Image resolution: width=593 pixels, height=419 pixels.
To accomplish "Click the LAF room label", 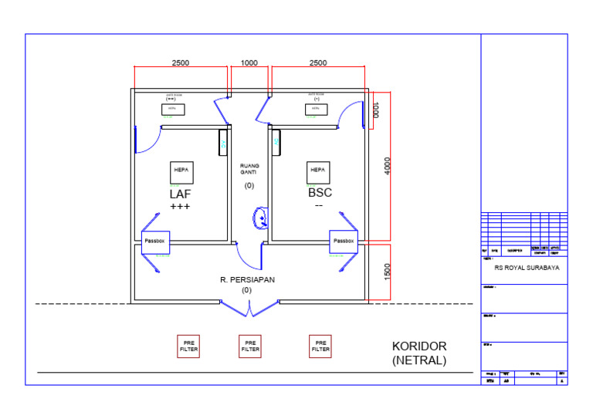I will click(x=180, y=194).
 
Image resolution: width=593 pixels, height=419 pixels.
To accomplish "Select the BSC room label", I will click(x=320, y=193).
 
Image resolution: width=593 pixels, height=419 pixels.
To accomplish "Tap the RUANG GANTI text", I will click(x=249, y=170).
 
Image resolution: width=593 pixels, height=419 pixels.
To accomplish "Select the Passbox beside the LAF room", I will click(x=155, y=242).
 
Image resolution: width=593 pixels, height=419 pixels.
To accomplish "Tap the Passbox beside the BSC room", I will click(x=344, y=242).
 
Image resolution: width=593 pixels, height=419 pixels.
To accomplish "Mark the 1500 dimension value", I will click(x=388, y=272).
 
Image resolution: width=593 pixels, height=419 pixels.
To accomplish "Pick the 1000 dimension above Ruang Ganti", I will click(x=249, y=63).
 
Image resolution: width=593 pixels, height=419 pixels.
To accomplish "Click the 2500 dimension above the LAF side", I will click(x=181, y=63).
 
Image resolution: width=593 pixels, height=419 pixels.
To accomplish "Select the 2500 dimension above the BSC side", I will click(x=317, y=63).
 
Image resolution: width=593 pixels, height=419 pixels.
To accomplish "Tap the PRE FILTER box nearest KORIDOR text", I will click(x=320, y=346).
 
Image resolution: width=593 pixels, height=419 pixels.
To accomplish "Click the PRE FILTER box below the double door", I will click(x=250, y=346).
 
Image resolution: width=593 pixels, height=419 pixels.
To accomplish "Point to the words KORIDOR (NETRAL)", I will click(x=419, y=353).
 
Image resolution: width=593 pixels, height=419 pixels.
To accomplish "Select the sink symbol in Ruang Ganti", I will click(x=261, y=218).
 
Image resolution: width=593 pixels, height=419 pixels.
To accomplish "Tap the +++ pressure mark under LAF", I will click(x=180, y=207).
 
